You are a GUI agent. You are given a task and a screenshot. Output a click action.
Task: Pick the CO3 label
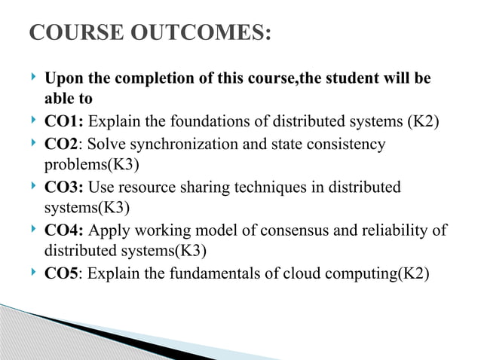tap(65, 186)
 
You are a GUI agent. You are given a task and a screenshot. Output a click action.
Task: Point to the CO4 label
tap(65, 229)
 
